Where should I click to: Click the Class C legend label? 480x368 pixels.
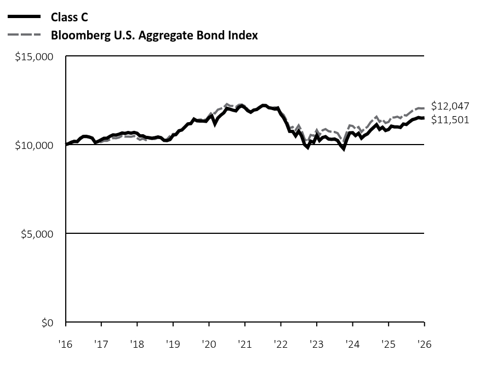click(69, 17)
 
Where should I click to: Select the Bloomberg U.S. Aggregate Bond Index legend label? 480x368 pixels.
click(154, 36)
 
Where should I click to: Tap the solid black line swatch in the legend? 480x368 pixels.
click(24, 17)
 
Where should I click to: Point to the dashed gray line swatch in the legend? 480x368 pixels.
click(24, 36)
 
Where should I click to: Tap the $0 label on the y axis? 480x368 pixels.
click(48, 323)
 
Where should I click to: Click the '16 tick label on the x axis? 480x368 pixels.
click(65, 344)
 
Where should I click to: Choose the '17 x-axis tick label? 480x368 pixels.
click(101, 344)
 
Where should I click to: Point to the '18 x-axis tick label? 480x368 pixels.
click(137, 344)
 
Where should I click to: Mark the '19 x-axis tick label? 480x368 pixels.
click(173, 344)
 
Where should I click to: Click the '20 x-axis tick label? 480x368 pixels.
click(209, 344)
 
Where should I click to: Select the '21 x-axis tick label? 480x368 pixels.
click(244, 344)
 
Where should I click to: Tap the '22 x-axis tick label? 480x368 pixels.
click(281, 344)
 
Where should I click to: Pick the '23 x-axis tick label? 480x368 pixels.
click(316, 344)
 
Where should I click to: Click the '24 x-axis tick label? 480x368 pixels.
click(352, 344)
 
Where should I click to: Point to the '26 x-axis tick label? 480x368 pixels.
click(424, 344)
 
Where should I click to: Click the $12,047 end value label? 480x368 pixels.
click(450, 106)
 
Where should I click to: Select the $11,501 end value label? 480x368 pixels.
click(450, 120)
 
